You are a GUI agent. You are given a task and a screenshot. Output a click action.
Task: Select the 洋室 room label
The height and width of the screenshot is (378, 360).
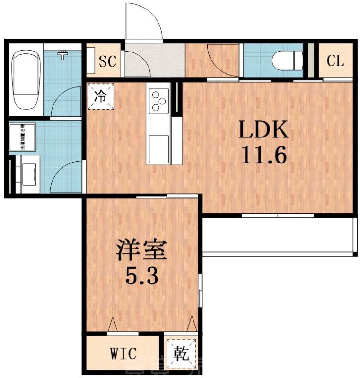(142, 251)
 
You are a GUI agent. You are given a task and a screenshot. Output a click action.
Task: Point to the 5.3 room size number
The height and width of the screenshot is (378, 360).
(141, 275)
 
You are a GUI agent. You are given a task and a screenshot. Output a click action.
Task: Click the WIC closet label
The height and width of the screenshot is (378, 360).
(123, 353)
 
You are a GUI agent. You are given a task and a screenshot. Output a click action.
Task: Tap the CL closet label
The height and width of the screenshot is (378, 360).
(335, 61)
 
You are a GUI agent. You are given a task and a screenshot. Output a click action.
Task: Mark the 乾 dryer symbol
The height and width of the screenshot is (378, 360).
(181, 353)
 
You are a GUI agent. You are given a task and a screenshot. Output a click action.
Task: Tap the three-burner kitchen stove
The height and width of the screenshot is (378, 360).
(158, 101)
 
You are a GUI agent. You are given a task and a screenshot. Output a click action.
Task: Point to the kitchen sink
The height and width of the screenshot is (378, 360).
(158, 143)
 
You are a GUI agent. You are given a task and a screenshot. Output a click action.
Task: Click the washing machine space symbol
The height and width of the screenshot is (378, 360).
(22, 137)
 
